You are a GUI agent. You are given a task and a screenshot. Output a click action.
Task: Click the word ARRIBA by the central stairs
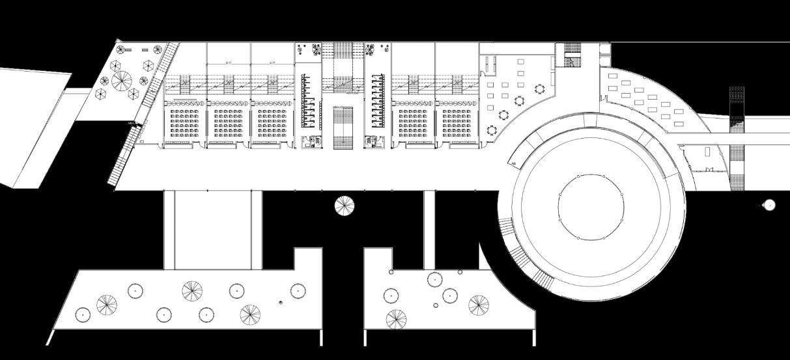pos(352,92)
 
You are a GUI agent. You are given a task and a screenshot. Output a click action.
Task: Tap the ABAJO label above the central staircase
pos(337,107)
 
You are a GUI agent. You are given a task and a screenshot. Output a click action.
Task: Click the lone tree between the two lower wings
pos(345,206)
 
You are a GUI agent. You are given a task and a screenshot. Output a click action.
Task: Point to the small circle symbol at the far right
pos(769,205)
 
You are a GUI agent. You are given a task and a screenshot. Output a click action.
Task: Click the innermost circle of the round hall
pos(591,207)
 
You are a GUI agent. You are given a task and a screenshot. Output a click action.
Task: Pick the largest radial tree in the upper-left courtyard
pos(122,81)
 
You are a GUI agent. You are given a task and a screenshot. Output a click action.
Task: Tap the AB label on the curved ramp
pos(514,163)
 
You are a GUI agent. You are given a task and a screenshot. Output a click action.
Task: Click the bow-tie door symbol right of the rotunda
pos(709,170)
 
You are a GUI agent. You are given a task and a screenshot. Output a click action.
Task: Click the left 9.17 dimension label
pos(229,62)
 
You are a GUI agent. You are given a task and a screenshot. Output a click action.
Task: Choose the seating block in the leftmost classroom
pos(184,124)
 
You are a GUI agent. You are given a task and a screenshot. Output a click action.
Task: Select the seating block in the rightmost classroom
pos(457,124)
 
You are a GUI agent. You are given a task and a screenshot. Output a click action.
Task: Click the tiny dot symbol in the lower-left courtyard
pos(281,301)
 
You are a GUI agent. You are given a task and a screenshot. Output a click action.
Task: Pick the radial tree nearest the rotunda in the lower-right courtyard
pos(479,304)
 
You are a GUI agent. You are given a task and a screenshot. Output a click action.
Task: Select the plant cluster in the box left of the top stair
pos(309,50)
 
